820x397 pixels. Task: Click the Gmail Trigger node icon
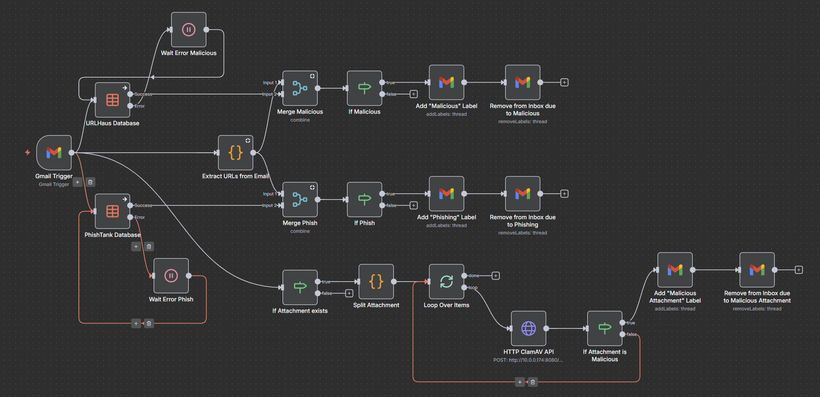point(54,153)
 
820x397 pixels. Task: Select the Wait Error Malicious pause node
point(188,30)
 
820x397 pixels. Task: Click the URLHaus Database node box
point(113,100)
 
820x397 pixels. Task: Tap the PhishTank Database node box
point(113,211)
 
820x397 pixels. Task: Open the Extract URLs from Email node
point(235,153)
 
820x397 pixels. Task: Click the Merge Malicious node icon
point(300,88)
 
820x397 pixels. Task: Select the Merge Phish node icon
point(300,200)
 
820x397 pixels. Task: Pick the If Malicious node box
point(364,88)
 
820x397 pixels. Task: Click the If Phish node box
point(364,200)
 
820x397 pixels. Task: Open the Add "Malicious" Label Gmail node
point(446,82)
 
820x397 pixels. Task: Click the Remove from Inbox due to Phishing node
point(522,193)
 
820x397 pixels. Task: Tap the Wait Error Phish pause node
point(171,275)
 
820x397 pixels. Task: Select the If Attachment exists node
point(300,287)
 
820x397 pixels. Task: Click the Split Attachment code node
point(376,282)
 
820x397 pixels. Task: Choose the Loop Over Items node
point(446,282)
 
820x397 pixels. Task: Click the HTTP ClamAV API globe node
point(528,328)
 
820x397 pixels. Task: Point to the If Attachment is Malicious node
point(604,328)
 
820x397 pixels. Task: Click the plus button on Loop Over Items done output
point(496,275)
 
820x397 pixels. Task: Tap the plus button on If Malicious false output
point(413,94)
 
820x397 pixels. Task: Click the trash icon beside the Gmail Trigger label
point(90,182)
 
